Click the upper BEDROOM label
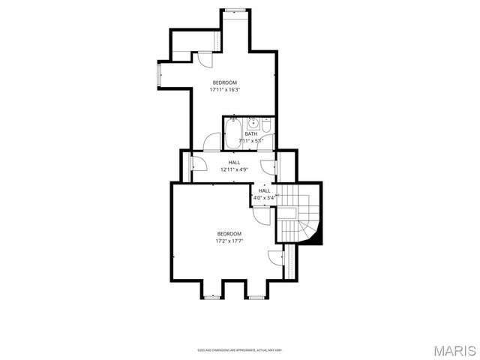[225, 82]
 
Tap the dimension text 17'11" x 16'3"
[225, 90]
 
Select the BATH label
[250, 134]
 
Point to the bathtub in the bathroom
[232, 133]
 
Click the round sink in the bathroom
[254, 123]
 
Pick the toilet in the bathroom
[267, 122]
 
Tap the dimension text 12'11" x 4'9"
[234, 169]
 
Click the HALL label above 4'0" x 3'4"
[265, 190]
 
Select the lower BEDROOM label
[229, 234]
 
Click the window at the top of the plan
[235, 10]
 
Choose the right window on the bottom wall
[256, 298]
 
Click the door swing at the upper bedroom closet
[203, 61]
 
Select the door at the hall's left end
[199, 163]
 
